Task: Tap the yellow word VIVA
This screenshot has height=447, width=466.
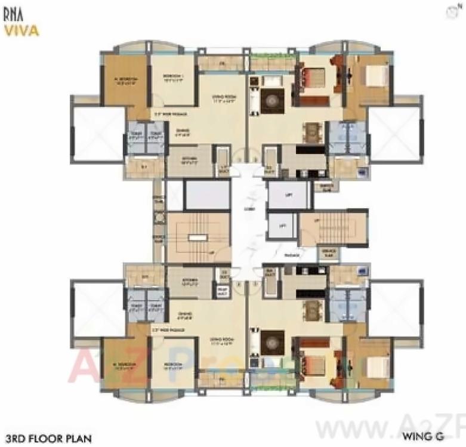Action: coord(21,30)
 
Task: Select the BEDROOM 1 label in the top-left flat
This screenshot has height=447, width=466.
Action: coord(173,77)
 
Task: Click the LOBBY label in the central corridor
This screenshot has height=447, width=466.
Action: coord(248,209)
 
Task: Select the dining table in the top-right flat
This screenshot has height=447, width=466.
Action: coord(312,131)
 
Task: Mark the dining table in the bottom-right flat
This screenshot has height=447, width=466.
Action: coord(312,310)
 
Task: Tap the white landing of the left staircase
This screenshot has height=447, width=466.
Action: coord(195,238)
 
